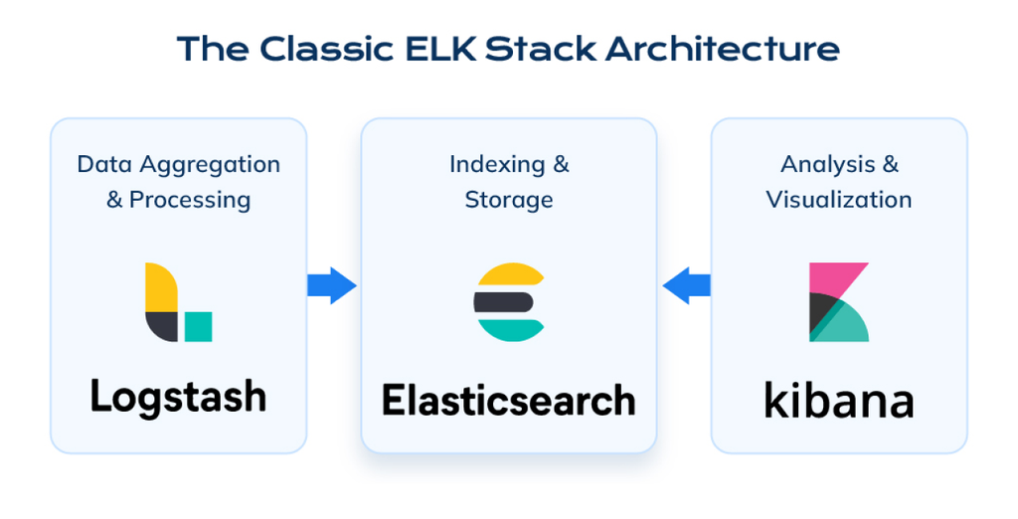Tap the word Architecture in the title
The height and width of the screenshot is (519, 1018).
coord(723,49)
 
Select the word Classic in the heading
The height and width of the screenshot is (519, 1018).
coord(327,49)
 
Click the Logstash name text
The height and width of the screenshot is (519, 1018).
coord(179,397)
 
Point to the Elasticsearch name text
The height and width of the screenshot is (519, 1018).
coord(508,400)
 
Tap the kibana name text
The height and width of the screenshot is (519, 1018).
coord(839,400)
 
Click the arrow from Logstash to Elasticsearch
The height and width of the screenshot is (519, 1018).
coord(332,285)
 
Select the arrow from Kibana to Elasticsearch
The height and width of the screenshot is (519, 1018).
coord(686,285)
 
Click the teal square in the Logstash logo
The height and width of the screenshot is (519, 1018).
coord(198,327)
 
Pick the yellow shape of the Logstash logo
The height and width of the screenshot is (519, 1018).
coord(161,286)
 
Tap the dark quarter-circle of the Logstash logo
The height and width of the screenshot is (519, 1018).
coord(162,326)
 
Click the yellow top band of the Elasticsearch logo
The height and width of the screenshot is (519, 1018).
coord(511,274)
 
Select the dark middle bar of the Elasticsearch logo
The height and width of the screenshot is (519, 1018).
coord(504,302)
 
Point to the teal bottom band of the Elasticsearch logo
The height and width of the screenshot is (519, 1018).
coord(511,330)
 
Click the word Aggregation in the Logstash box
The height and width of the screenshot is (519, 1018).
coord(210,165)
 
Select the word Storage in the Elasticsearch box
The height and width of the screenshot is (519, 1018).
coord(509,200)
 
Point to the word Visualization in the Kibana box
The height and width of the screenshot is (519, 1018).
coord(839,200)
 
